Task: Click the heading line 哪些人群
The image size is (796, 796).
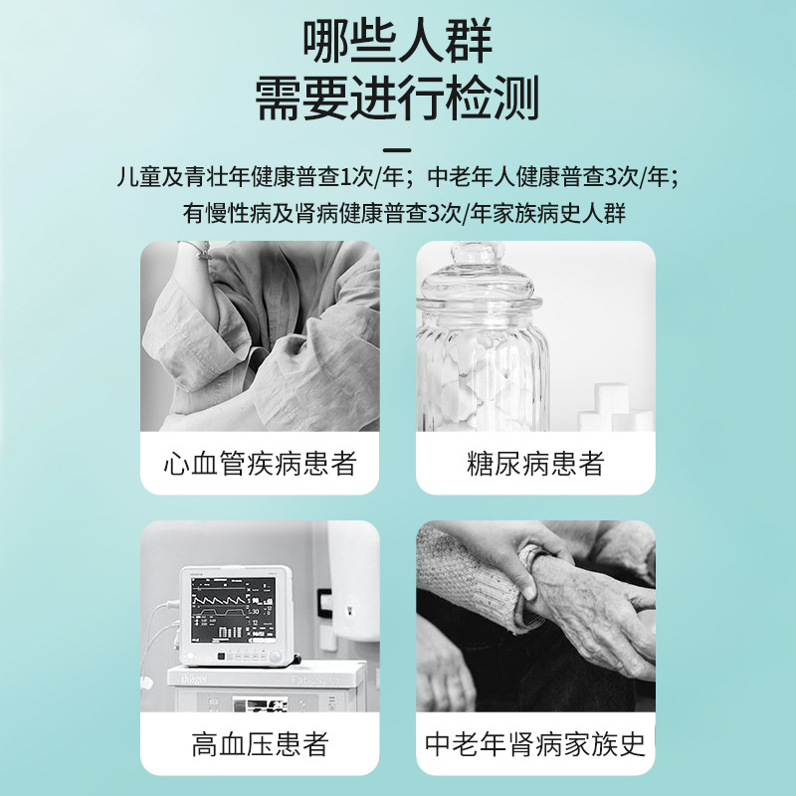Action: point(398,42)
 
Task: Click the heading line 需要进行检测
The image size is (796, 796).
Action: point(397,99)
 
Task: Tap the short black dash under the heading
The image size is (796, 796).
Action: point(397,150)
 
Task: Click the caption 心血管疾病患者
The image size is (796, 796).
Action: point(260,464)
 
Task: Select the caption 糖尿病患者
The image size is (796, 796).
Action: point(535,464)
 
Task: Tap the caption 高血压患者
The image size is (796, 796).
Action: point(260,744)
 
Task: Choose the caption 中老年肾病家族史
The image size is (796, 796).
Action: point(535,744)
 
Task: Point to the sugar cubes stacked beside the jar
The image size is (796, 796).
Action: point(615,408)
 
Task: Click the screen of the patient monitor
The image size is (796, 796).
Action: point(234,610)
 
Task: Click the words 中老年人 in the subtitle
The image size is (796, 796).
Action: point(471,177)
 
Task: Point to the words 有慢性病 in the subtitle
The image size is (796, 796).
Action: point(227,213)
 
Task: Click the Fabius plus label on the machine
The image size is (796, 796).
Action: point(314,679)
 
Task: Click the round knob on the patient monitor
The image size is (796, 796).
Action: point(275,657)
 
